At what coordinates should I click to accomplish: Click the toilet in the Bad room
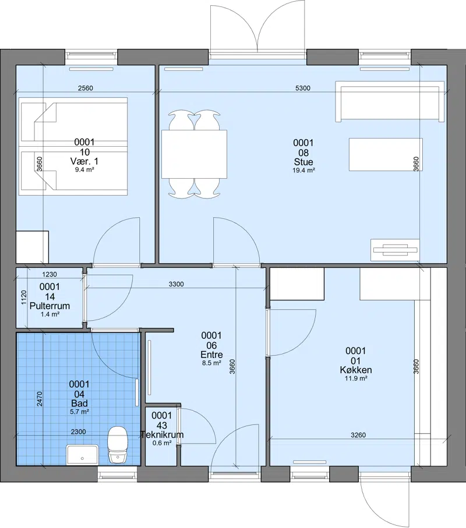(117, 444)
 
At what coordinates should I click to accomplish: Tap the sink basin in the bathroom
(83, 454)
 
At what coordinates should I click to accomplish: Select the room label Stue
(303, 162)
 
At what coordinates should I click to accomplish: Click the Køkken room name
(356, 370)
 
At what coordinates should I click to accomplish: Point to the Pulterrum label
(50, 306)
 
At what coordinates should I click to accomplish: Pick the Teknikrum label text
(162, 434)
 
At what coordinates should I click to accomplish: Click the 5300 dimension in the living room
(302, 88)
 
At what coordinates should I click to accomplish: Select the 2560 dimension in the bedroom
(85, 88)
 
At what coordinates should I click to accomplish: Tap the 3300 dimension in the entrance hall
(176, 284)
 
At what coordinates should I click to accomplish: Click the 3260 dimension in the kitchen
(358, 435)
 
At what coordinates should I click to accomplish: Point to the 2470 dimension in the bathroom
(40, 398)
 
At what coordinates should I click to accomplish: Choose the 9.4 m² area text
(84, 170)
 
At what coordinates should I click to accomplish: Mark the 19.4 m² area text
(303, 171)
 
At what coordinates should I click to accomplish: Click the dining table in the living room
(194, 154)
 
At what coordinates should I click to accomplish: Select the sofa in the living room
(390, 101)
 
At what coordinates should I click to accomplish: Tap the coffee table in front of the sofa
(386, 154)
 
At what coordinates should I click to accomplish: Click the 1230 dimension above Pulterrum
(50, 274)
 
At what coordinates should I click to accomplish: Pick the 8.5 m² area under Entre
(211, 363)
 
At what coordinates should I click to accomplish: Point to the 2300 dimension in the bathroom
(78, 432)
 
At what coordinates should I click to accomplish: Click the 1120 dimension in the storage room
(23, 297)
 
